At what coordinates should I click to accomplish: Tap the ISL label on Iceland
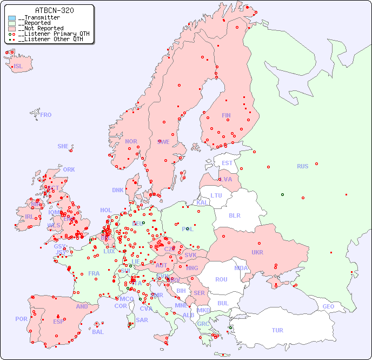(x=18, y=67)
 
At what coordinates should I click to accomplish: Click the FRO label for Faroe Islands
(x=46, y=115)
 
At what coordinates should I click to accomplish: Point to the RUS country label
(x=302, y=166)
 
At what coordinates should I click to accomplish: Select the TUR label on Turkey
(x=277, y=330)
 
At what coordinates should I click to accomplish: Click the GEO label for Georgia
(x=328, y=306)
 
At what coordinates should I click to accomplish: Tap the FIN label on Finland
(x=226, y=115)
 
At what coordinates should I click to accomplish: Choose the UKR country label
(x=257, y=252)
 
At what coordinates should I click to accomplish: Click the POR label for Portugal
(x=21, y=319)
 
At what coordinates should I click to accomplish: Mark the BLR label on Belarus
(x=234, y=215)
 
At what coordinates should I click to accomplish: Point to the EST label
(x=227, y=163)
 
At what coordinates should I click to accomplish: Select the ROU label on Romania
(x=221, y=279)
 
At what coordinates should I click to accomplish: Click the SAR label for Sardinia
(x=142, y=320)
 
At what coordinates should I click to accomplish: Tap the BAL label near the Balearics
(x=98, y=332)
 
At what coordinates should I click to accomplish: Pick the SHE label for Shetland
(x=63, y=146)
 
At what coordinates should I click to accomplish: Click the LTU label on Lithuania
(x=216, y=195)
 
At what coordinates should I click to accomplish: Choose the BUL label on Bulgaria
(x=223, y=303)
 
